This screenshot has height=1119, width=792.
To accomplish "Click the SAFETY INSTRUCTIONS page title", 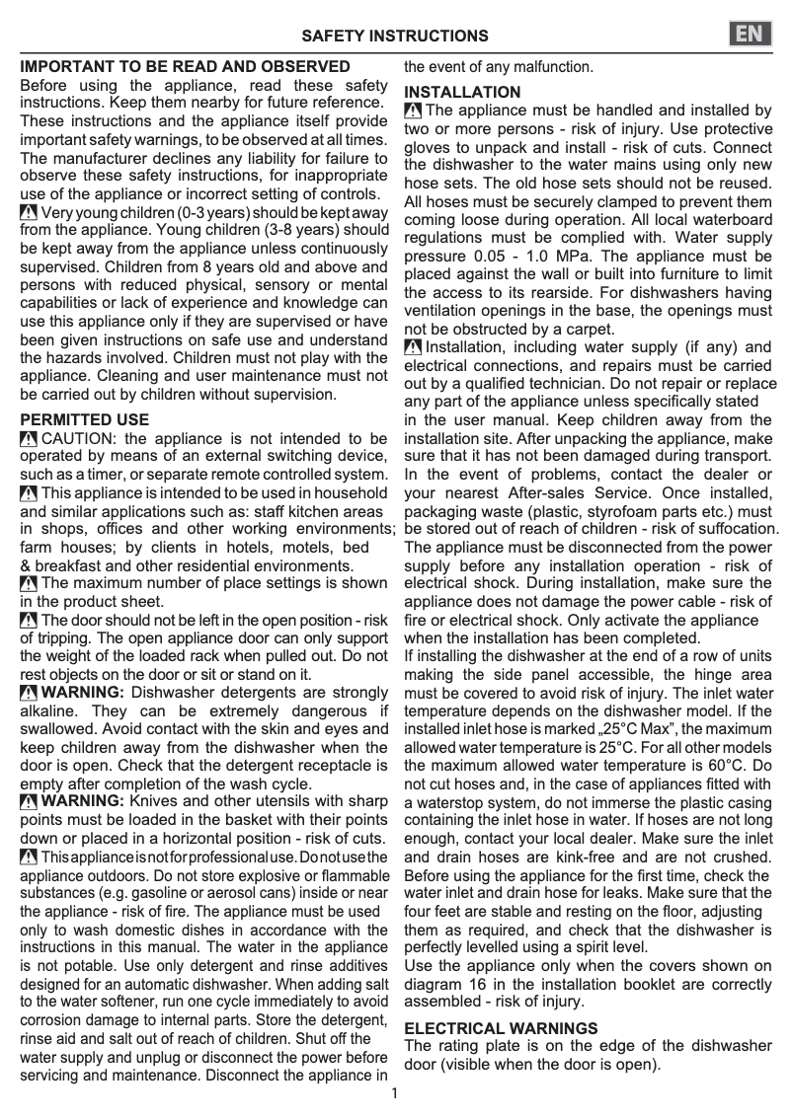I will [x=395, y=37].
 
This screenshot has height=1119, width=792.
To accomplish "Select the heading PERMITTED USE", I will [x=85, y=419].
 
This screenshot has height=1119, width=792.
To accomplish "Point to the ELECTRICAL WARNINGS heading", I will [x=501, y=1028].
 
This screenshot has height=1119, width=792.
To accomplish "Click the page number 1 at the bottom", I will [x=395, y=1093].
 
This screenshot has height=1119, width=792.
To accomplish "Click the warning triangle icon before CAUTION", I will [x=29, y=438].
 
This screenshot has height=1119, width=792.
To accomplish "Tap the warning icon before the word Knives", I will [x=29, y=800].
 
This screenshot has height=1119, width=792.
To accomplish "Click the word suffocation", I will [x=736, y=529].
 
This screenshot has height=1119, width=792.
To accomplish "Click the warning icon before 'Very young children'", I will [x=29, y=213].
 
